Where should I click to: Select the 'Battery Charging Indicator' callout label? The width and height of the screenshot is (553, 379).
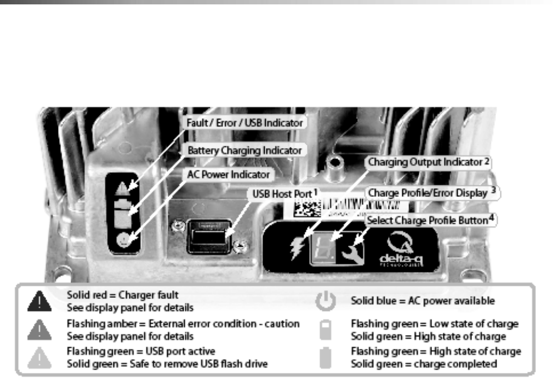(244, 149)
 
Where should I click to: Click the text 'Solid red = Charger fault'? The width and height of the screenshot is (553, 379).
(119, 295)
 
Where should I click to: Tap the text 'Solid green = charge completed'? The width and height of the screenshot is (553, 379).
(424, 364)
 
